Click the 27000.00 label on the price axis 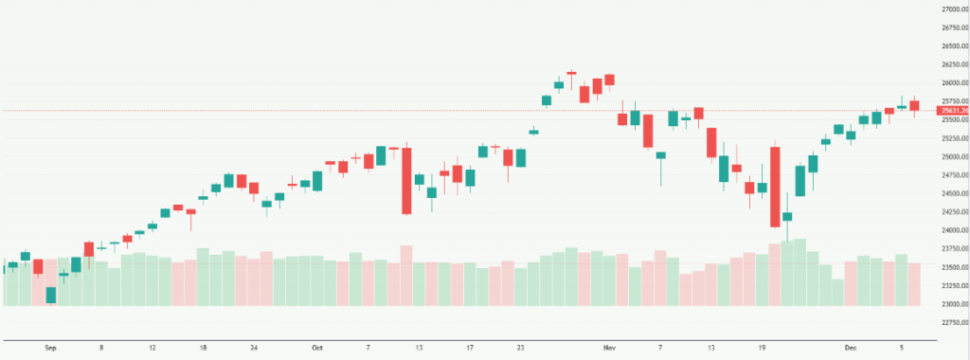[952, 9]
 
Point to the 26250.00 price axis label [952, 64]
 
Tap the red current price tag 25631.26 [952, 111]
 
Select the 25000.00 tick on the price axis [952, 156]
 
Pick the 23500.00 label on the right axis [952, 267]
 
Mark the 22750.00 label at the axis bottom [952, 322]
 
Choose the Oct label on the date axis [317, 348]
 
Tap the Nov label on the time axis [609, 348]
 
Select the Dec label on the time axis [851, 348]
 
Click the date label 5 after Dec [902, 348]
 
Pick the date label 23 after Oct [521, 348]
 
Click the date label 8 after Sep [101, 348]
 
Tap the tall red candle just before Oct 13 [406, 180]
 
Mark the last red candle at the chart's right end [914, 107]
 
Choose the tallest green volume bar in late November [799, 272]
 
